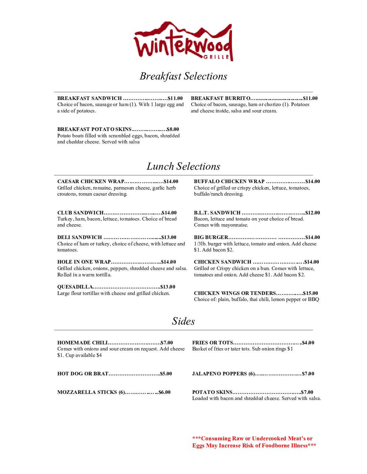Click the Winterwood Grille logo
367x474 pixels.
(x=183, y=41)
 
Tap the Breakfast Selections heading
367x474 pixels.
(x=183, y=76)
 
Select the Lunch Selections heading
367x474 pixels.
(x=183, y=166)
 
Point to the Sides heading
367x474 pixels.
(x=183, y=321)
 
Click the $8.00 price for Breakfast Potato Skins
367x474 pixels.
(x=173, y=129)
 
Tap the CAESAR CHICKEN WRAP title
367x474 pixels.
(x=91, y=181)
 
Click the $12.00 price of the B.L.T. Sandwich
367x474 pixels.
(x=313, y=213)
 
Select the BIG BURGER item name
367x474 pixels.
(x=211, y=237)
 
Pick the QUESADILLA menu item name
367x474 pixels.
(x=75, y=287)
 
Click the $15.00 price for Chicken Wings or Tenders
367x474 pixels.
(x=310, y=293)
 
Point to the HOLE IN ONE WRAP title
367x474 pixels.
(x=84, y=262)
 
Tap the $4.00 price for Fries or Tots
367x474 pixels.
(x=308, y=343)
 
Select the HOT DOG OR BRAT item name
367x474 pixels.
(x=83, y=374)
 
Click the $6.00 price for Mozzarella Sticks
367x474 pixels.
(x=165, y=392)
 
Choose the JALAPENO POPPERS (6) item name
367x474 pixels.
(x=223, y=374)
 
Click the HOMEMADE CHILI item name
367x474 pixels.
(x=82, y=343)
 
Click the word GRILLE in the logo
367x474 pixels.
(x=217, y=57)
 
